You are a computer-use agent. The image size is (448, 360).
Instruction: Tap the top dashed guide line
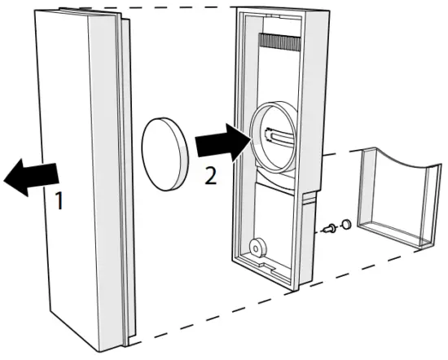[179, 7]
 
